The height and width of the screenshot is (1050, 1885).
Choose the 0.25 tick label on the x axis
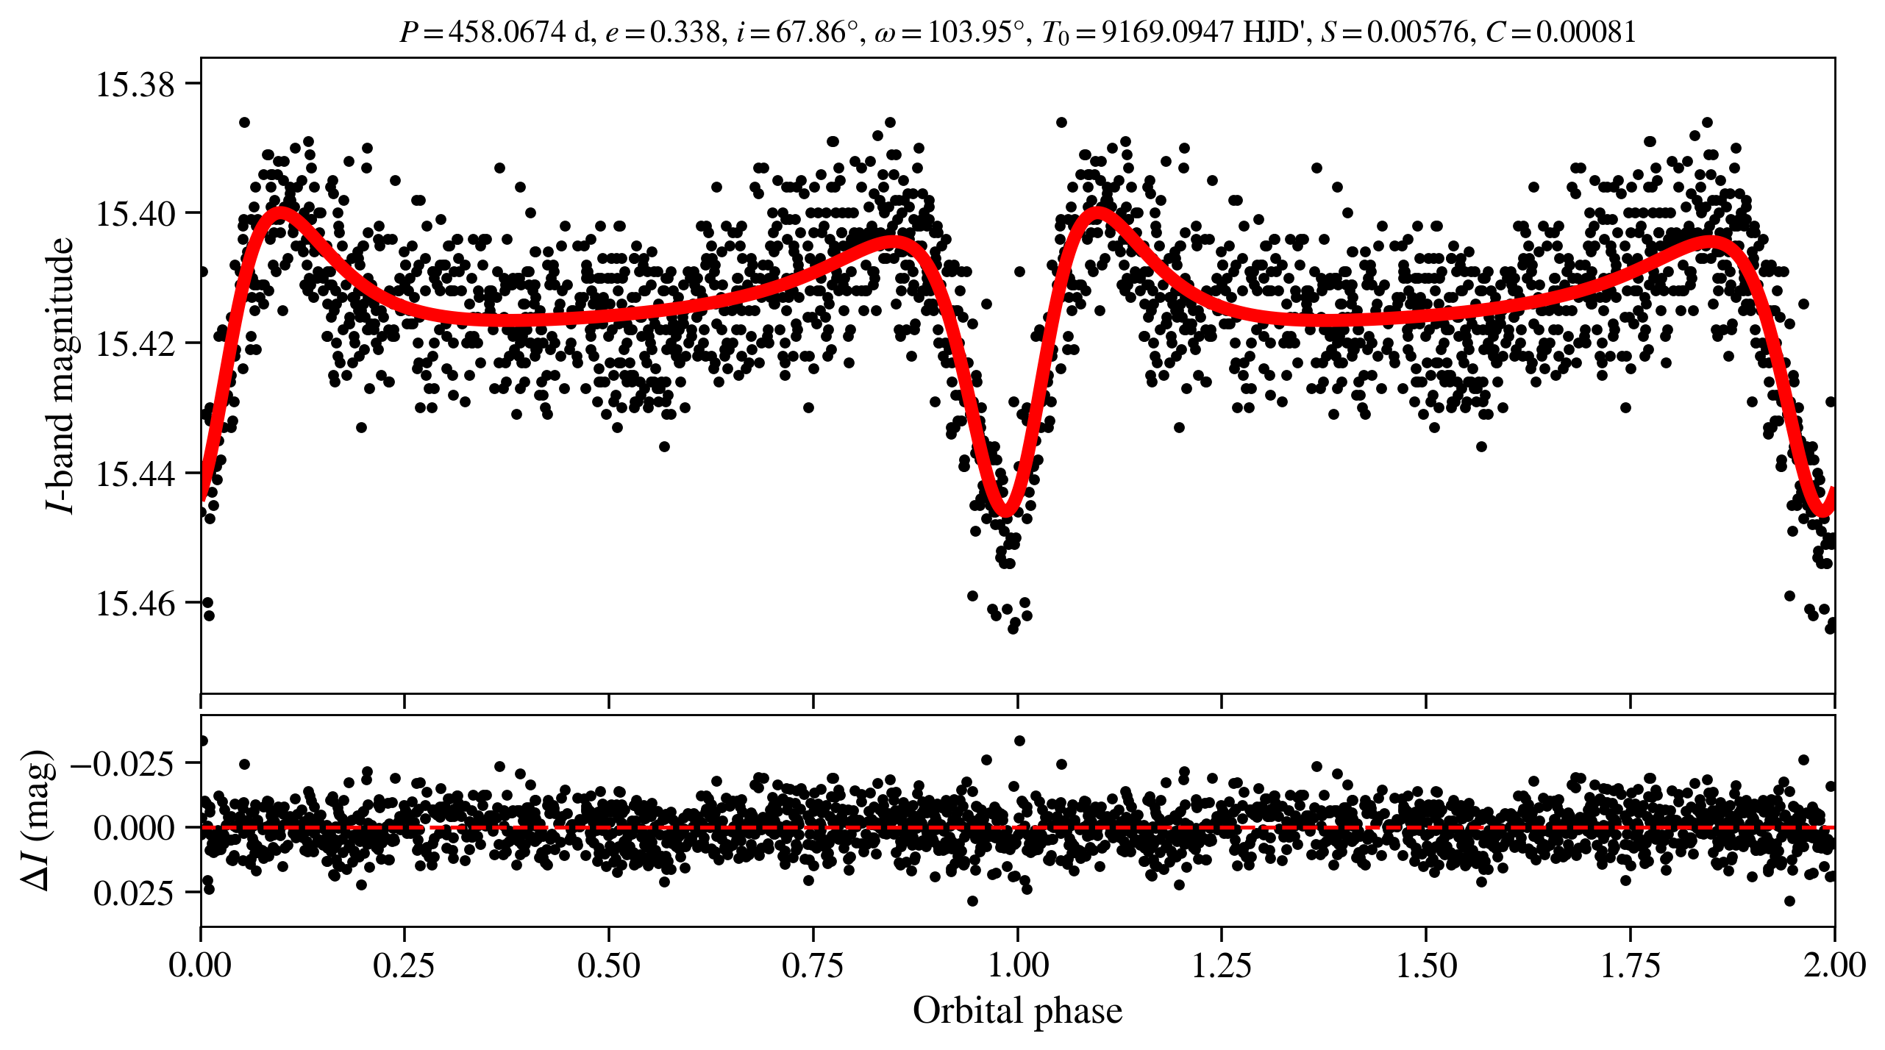click(x=404, y=965)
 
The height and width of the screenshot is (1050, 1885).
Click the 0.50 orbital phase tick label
click(x=608, y=965)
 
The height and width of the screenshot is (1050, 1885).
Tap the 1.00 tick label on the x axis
click(x=1017, y=965)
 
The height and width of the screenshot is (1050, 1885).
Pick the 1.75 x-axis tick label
click(x=1631, y=965)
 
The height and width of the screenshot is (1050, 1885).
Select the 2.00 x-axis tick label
click(x=1834, y=965)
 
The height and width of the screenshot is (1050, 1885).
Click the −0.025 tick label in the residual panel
click(x=123, y=764)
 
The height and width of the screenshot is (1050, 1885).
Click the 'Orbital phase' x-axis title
click(x=1017, y=1011)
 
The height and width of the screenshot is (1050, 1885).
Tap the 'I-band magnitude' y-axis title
click(x=60, y=375)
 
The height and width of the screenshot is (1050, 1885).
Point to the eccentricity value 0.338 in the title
click(x=684, y=32)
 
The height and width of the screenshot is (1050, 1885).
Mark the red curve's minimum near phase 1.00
click(x=1005, y=510)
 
